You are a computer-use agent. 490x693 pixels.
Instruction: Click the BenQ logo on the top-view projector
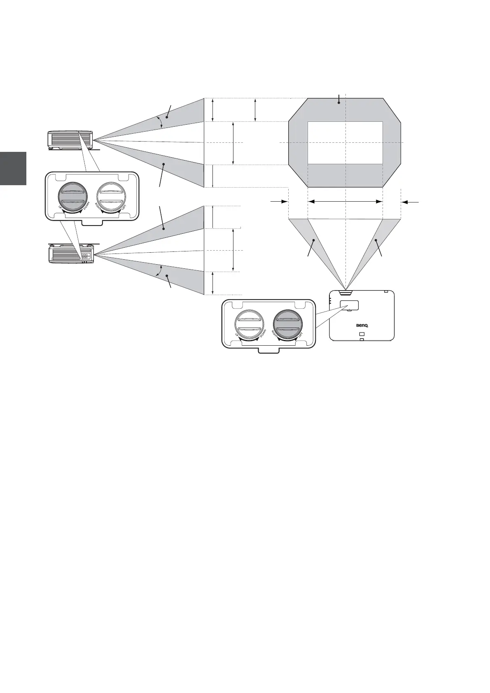click(x=362, y=325)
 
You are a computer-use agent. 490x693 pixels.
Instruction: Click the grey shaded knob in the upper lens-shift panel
click(x=73, y=196)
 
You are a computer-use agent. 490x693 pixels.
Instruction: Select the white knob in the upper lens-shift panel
click(x=111, y=196)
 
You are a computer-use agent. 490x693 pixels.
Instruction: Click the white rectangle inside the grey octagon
click(x=345, y=143)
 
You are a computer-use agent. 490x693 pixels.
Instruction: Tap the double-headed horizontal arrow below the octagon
click(x=345, y=202)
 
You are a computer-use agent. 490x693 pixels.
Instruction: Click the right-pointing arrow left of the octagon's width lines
click(x=279, y=202)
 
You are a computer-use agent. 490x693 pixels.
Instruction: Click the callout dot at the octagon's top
click(x=338, y=103)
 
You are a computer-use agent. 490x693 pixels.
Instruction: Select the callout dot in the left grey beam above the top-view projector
click(x=314, y=240)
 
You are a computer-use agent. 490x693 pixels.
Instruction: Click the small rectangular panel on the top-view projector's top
click(x=349, y=305)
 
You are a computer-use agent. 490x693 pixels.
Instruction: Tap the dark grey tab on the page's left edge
click(x=13, y=168)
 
